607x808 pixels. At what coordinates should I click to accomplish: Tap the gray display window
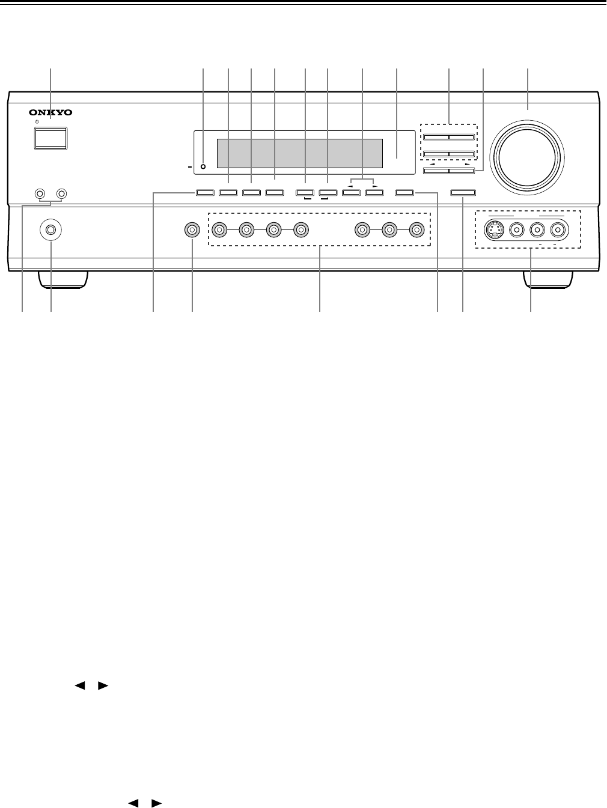coord(299,154)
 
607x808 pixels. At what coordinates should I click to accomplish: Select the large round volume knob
coord(527,154)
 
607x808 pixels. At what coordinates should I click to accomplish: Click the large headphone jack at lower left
coord(50,229)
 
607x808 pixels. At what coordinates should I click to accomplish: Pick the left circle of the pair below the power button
coord(40,194)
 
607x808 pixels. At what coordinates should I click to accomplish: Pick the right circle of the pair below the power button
coord(61,194)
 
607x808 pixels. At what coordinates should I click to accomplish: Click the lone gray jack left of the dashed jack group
coord(192,229)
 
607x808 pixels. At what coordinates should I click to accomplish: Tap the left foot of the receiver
coord(62,278)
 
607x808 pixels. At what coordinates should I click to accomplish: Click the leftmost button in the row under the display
coord(204,193)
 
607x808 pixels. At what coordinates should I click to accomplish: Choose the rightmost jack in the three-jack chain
coord(416,229)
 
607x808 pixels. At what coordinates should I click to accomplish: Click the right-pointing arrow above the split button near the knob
coord(467,163)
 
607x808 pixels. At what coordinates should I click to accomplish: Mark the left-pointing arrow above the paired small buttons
coord(352,187)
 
